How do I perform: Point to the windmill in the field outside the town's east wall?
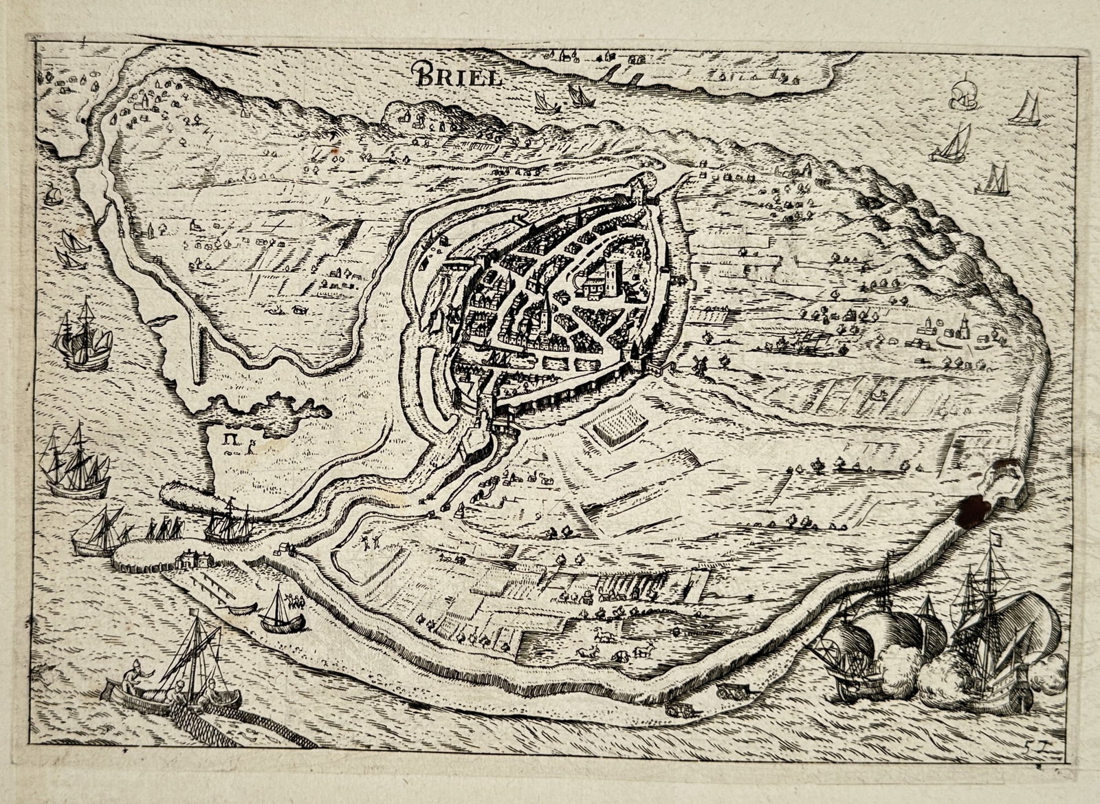(x=700, y=364)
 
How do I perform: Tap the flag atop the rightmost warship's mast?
(x=993, y=541)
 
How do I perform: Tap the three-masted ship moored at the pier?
(x=232, y=524)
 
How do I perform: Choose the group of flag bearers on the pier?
(x=165, y=528)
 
